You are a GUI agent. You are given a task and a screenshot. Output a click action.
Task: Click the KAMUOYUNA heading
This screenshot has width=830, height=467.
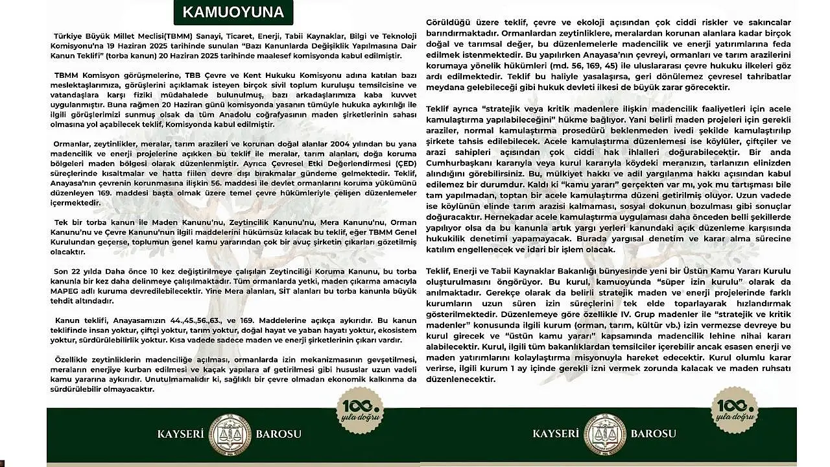233,12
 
